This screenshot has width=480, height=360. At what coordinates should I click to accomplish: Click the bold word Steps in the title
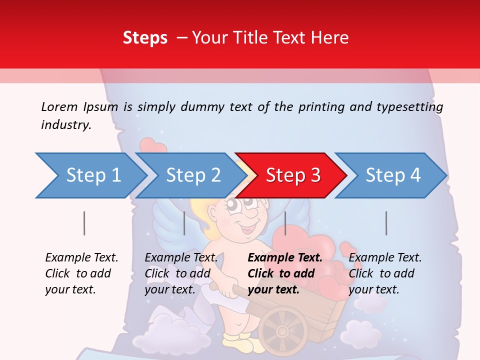click(x=145, y=38)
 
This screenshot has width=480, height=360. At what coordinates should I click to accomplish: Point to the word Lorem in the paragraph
click(x=59, y=106)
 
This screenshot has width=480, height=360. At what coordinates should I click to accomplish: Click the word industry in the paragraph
click(x=65, y=125)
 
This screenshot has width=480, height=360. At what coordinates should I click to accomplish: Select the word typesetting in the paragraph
click(x=409, y=107)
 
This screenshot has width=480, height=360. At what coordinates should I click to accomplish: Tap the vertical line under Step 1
click(x=84, y=223)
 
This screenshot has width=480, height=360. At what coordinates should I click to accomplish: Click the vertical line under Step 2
click(x=184, y=223)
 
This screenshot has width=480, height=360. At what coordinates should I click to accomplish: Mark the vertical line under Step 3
click(x=285, y=223)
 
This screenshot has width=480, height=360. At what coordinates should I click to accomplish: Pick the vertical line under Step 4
click(x=386, y=223)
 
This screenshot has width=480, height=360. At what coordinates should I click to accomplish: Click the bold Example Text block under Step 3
click(x=285, y=273)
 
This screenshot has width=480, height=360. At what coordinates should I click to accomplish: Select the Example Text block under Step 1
click(x=81, y=273)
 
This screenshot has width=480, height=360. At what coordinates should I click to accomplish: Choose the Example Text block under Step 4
click(x=385, y=273)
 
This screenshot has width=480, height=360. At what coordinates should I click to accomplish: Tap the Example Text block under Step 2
click(x=181, y=273)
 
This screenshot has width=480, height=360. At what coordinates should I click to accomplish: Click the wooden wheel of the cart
click(x=283, y=330)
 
